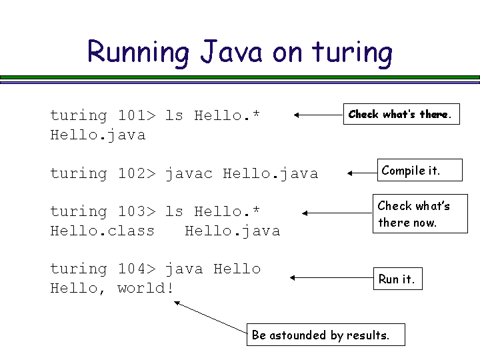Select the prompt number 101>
tap(137, 115)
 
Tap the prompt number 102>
tap(137, 173)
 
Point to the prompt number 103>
tap(137, 211)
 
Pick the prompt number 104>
tap(137, 269)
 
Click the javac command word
tap(189, 173)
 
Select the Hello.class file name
tap(103, 231)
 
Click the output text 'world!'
tap(145, 288)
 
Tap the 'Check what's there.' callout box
tap(401, 115)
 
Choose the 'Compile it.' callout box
tap(411, 171)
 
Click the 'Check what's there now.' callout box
tap(420, 214)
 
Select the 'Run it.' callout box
tap(397, 279)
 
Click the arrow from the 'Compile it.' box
tap(363, 173)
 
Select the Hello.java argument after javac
tap(270, 173)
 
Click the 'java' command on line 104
tap(184, 269)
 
